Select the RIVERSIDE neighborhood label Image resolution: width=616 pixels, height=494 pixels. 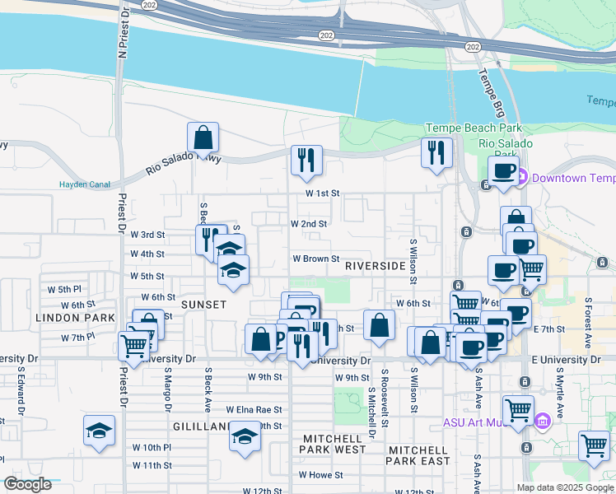[375, 266]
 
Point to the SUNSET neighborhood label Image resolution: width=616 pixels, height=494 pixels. [203, 305]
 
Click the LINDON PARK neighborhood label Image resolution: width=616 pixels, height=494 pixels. [63, 317]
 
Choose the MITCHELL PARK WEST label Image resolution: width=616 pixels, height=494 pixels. [334, 444]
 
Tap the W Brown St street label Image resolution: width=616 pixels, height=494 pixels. [317, 258]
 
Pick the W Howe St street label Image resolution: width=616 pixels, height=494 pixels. [320, 474]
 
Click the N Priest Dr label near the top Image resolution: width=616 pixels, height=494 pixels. [124, 33]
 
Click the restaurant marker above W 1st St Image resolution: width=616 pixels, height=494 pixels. [306, 159]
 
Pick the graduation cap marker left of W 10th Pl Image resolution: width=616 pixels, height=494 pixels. [98, 431]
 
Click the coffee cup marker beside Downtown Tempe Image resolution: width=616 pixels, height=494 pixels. [502, 171]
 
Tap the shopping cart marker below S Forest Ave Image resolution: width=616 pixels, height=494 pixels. [593, 445]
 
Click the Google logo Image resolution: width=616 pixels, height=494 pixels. [28, 484]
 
